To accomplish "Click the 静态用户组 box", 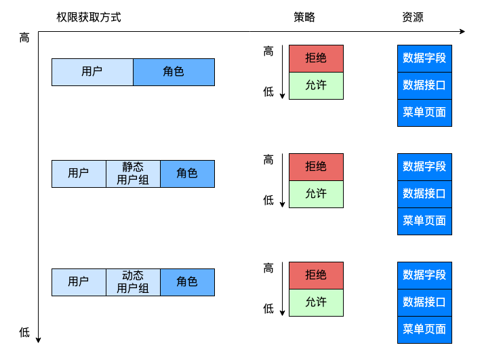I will click(x=133, y=174).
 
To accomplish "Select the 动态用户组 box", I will click(x=133, y=282).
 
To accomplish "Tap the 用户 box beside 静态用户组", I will click(x=79, y=174).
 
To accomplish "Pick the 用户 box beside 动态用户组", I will click(x=79, y=282).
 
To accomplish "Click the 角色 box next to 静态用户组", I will click(x=187, y=174).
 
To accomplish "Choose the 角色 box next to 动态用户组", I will click(x=187, y=282).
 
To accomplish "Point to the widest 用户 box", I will click(x=92, y=72).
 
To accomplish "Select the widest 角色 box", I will click(x=174, y=72).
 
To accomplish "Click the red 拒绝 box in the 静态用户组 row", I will click(x=316, y=167).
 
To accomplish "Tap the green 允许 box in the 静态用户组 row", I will click(x=316, y=194).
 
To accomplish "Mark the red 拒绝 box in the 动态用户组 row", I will click(x=316, y=275).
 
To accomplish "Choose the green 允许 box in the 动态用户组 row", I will click(x=316, y=302).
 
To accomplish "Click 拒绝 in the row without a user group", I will click(x=316, y=58).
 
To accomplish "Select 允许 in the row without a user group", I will click(x=316, y=85).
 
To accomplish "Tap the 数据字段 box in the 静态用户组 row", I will click(x=424, y=167).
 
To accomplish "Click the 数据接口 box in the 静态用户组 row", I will click(x=424, y=194).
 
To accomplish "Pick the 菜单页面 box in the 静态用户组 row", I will click(x=424, y=221).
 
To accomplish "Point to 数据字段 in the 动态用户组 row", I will click(x=424, y=275).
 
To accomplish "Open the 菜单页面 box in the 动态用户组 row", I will click(x=424, y=329).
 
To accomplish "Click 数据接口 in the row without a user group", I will click(x=424, y=85).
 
